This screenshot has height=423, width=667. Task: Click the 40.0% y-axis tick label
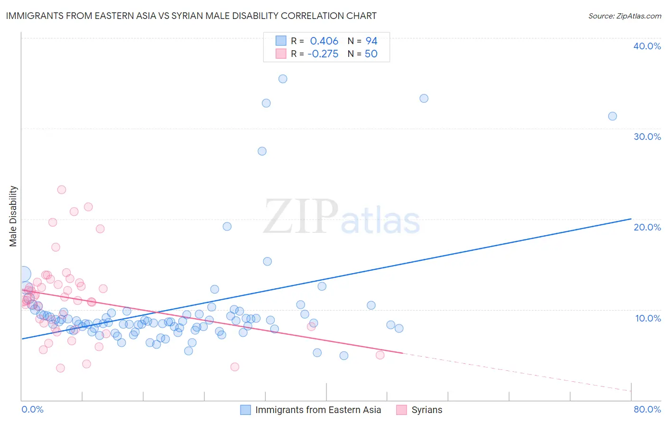coord(647,46)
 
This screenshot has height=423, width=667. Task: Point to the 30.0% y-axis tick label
coord(647,137)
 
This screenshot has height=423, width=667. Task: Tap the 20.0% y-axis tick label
coord(647,227)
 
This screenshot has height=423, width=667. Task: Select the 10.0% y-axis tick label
coord(648,318)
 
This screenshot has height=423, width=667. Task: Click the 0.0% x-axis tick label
coord(32,409)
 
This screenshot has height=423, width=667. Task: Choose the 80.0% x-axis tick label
coord(647,409)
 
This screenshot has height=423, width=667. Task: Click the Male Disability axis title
coord(13,216)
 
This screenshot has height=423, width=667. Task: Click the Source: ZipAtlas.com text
coord(624,16)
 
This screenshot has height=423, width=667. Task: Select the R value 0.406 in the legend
coord(324,41)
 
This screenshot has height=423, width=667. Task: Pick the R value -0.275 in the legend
coord(323,54)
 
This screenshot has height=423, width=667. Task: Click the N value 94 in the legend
coord(371,41)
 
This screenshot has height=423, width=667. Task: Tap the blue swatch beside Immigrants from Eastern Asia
coord(245,410)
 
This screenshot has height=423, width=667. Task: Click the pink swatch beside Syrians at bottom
coord(401,410)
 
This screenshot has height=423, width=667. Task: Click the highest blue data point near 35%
coord(283,79)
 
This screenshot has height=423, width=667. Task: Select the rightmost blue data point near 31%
coord(612,116)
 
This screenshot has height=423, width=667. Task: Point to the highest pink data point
coord(62,190)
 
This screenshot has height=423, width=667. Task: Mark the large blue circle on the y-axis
coord(23,274)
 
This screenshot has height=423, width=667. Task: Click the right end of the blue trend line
coord(631,219)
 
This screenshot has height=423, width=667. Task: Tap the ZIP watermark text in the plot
coord(301,217)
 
